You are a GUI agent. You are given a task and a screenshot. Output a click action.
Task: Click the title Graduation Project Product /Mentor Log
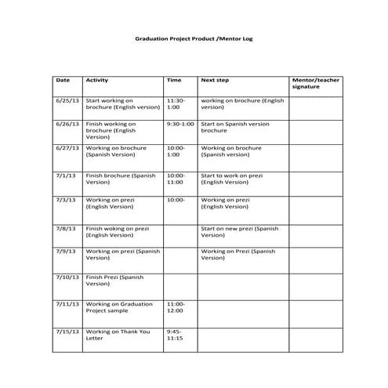pos(194,38)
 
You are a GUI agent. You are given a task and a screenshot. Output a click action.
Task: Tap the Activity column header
pos(96,80)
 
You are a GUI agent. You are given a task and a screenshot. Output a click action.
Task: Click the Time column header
pos(174,80)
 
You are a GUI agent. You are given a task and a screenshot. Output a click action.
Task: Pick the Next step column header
pos(214,80)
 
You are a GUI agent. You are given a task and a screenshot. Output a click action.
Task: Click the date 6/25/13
pos(66,101)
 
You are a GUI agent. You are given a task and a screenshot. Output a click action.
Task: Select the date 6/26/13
pos(66,124)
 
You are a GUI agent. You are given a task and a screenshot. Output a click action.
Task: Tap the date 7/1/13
pos(64,176)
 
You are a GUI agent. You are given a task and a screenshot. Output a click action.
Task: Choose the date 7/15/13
pos(67,332)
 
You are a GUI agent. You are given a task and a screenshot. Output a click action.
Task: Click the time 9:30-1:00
pos(180,124)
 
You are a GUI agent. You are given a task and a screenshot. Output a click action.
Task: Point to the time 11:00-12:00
pos(176,306)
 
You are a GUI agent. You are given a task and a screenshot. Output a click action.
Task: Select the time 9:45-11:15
pos(175,335)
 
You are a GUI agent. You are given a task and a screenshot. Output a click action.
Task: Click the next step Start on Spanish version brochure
pos(234,127)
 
